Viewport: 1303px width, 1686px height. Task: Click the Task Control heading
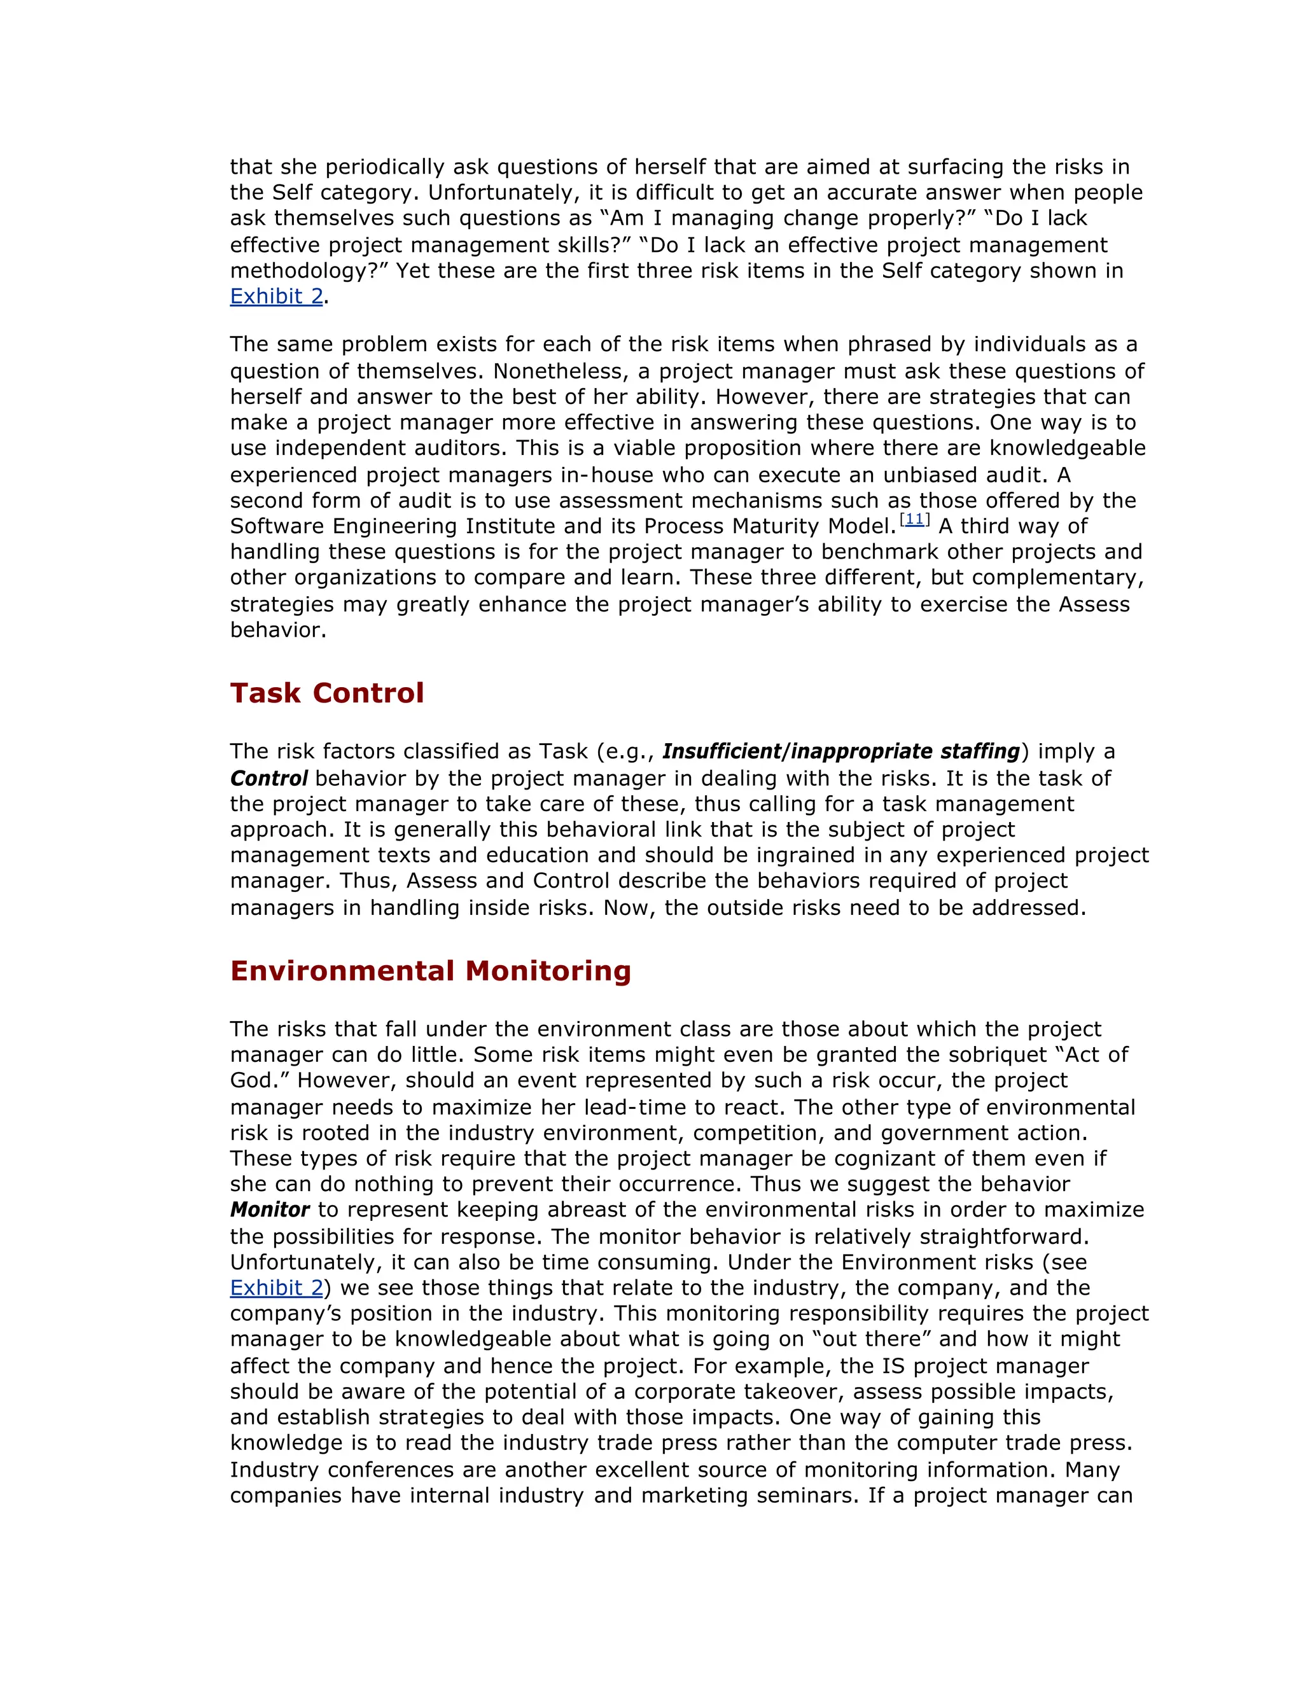point(326,693)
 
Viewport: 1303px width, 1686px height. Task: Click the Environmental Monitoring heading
point(430,970)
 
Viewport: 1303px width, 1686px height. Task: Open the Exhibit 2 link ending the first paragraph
point(276,296)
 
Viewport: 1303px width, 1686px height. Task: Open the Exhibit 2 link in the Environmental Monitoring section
point(276,1288)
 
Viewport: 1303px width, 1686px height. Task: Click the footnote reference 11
point(914,520)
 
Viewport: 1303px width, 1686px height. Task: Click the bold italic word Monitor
point(269,1209)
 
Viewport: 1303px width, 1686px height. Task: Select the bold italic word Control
point(268,778)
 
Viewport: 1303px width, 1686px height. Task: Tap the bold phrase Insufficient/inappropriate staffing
point(840,751)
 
